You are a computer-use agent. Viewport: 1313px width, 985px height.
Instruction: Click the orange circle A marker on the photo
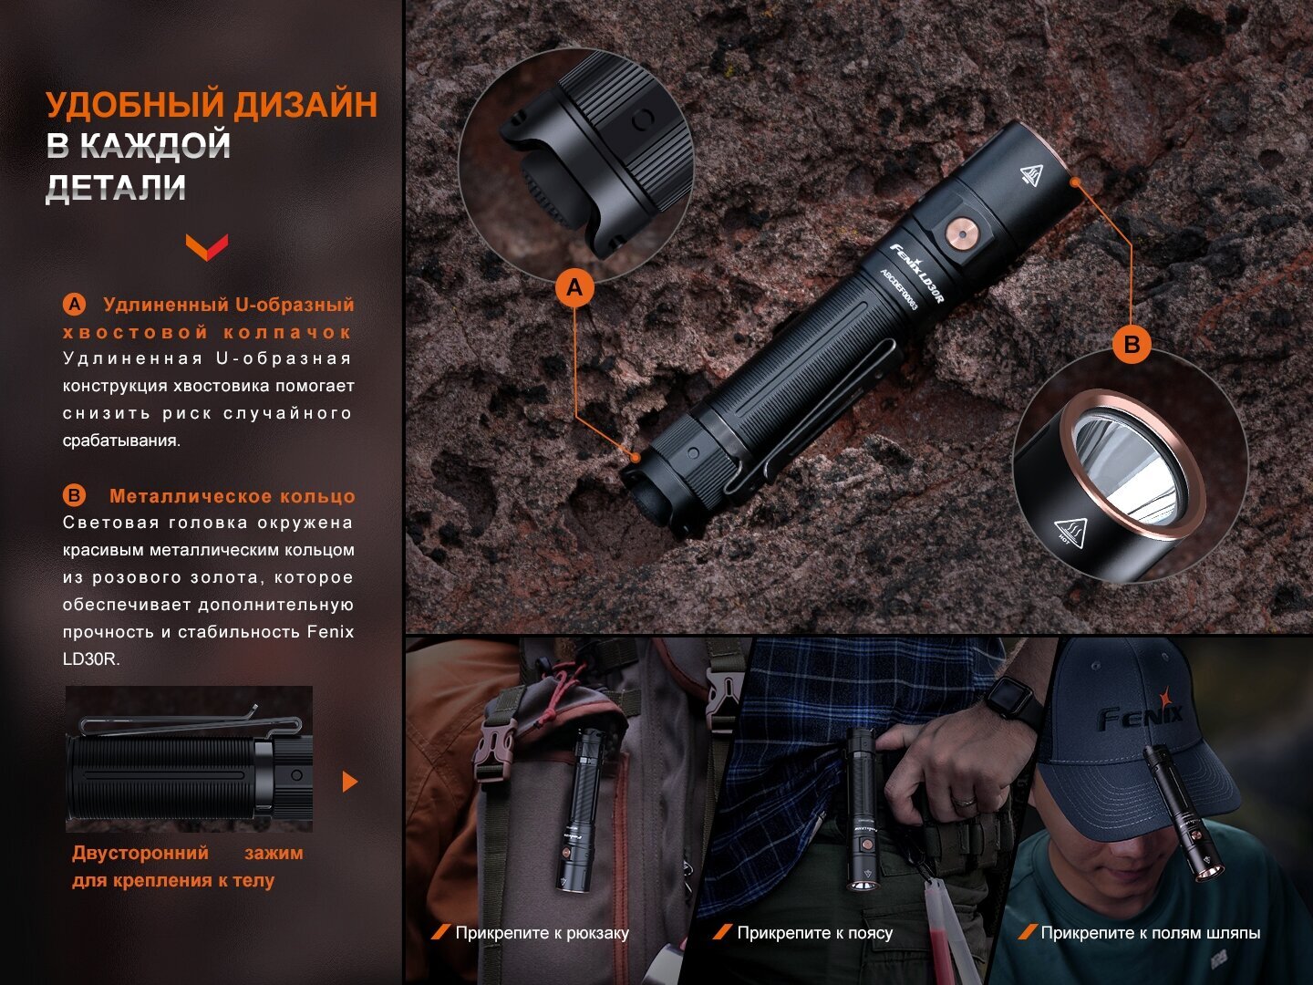point(574,288)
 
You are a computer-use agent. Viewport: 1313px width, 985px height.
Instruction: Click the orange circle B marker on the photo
point(1132,345)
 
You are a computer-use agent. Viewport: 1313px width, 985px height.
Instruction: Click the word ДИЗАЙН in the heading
point(305,105)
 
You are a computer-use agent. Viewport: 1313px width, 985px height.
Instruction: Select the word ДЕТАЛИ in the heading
point(116,187)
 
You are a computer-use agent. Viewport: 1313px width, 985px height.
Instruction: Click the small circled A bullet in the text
point(74,305)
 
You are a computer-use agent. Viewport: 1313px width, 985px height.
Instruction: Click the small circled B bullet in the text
point(74,496)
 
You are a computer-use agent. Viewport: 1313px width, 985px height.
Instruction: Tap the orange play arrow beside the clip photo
point(350,782)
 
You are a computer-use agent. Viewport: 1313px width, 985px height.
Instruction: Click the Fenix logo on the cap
point(1140,712)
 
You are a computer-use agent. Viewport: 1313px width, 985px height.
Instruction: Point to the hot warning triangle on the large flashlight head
point(1031,174)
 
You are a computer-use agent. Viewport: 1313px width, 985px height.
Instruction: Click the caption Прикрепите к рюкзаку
point(542,933)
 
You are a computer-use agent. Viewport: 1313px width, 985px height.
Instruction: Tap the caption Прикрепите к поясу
point(815,933)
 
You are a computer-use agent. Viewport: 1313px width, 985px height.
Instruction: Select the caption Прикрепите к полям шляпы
point(1151,933)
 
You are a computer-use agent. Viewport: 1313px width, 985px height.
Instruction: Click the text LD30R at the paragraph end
point(91,659)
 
